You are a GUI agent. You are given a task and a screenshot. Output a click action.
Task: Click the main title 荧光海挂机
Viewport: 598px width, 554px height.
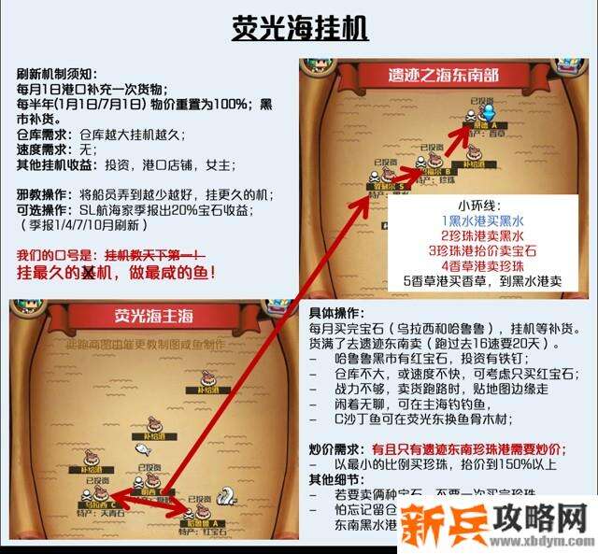pyautogui.click(x=300, y=27)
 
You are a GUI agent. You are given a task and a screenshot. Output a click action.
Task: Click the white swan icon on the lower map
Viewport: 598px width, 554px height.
pyautogui.click(x=226, y=496)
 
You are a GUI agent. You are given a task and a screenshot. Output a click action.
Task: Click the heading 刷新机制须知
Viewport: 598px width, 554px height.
pyautogui.click(x=57, y=75)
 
